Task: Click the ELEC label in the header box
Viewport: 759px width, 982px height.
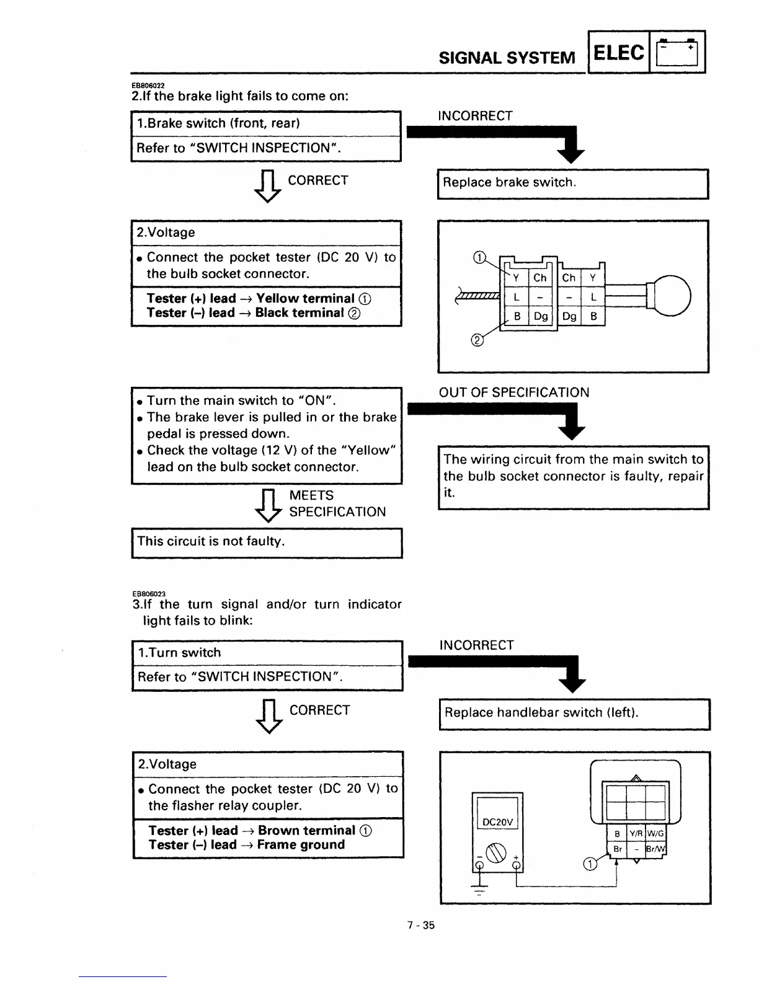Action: click(x=618, y=53)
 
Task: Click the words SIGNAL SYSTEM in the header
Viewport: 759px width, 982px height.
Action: click(x=507, y=58)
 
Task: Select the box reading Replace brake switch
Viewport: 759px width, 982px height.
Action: click(x=572, y=183)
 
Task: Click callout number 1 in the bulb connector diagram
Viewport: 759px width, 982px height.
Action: click(x=479, y=257)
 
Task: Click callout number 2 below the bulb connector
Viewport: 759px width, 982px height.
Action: click(x=477, y=340)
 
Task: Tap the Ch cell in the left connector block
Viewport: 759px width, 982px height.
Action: click(x=539, y=278)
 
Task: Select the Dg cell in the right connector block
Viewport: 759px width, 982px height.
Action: click(x=569, y=317)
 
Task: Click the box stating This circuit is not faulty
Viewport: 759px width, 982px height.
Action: click(x=267, y=542)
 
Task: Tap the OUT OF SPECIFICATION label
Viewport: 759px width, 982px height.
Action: click(x=514, y=392)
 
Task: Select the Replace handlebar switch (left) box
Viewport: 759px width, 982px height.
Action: click(x=574, y=713)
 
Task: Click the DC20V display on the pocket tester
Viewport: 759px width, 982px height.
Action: click(x=497, y=822)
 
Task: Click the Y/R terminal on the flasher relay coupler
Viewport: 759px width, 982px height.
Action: click(x=636, y=834)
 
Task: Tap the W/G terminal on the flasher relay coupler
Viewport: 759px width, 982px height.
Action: click(x=655, y=834)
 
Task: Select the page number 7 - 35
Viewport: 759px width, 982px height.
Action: click(x=420, y=926)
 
